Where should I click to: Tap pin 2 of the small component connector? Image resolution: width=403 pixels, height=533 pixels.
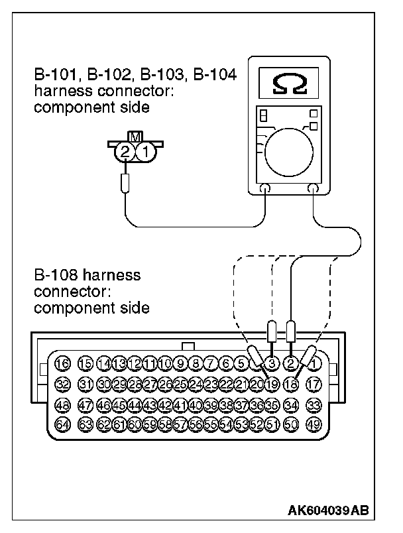coord(125,152)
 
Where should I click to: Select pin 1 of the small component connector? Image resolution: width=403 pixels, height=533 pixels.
coord(146,152)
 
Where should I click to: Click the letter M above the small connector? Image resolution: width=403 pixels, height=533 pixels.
coord(135,137)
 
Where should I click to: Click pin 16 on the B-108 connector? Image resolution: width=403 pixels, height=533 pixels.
coord(62,363)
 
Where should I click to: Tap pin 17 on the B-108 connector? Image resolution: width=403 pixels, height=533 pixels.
coord(314,383)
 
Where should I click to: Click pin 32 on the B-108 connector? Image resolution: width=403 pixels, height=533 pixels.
coord(62,383)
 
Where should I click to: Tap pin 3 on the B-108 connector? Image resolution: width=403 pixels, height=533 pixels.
coord(272,363)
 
